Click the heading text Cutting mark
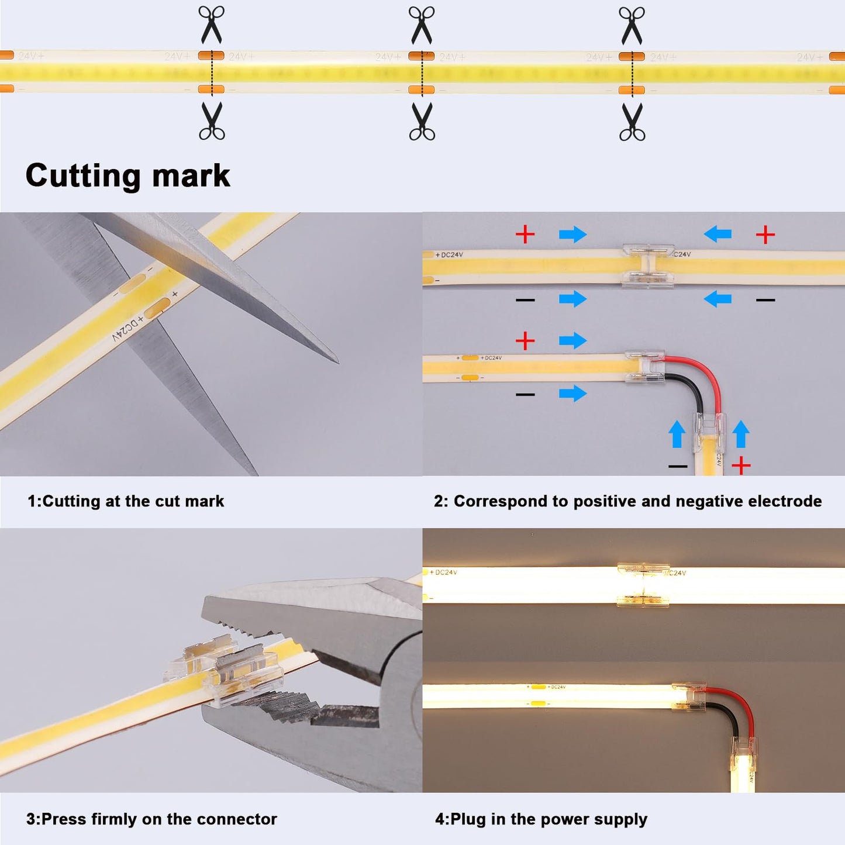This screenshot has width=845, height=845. (127, 175)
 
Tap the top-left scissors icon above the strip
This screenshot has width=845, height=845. (211, 25)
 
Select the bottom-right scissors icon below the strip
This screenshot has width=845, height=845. (632, 122)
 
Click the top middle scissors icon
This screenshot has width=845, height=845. (422, 25)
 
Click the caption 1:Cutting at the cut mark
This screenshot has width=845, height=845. (126, 501)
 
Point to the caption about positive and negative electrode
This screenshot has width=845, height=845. (627, 501)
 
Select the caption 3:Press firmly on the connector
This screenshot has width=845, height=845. (151, 819)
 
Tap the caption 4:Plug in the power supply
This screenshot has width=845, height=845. (541, 819)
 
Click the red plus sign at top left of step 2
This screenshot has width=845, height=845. (525, 234)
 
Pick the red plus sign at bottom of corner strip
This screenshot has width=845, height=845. (741, 466)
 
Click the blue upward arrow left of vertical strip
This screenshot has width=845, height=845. (677, 434)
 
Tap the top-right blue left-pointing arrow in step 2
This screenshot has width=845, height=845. (718, 234)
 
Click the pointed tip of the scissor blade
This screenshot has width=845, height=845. (336, 361)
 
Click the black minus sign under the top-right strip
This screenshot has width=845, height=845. (765, 300)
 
